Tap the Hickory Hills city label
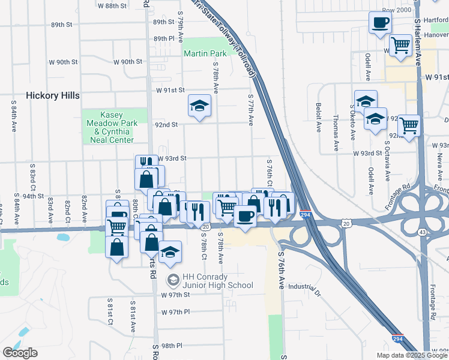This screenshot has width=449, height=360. point(53,95)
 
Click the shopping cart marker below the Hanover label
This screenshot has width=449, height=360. point(400,45)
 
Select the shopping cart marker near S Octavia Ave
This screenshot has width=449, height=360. point(409,126)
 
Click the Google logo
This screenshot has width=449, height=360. point(20,353)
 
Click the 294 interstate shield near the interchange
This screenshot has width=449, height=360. point(306,214)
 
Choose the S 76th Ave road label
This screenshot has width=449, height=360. point(281,270)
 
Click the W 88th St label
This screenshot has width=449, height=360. point(112,5)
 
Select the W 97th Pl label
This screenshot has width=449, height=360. point(175,313)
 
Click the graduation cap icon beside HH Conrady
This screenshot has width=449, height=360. point(173,280)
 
